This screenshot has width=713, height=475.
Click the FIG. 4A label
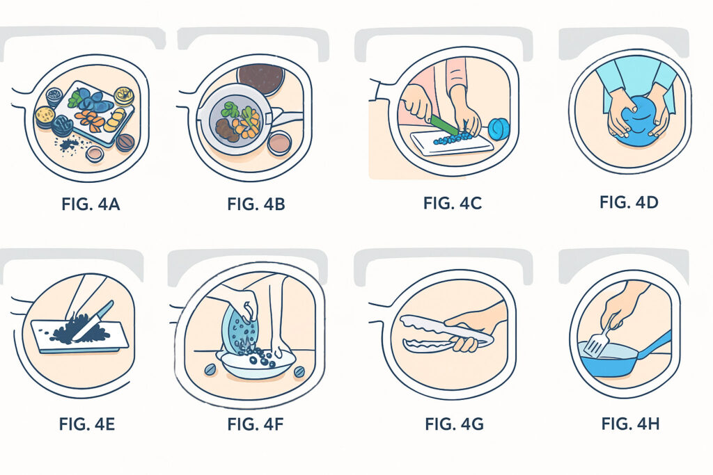coord(91,204)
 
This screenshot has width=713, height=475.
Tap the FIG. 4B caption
coord(256,204)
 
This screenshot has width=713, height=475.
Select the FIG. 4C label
coord(453,203)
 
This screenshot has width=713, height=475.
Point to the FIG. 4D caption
coord(629,202)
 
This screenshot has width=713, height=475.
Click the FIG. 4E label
coord(87,424)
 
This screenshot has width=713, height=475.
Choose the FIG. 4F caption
coord(255,424)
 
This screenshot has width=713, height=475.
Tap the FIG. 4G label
coord(454,424)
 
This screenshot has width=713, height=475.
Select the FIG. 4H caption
coord(630,424)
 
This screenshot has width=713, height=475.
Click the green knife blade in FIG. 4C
coord(444,125)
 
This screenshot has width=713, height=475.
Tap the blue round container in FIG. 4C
coord(499,129)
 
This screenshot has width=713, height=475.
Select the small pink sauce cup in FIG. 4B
coord(279,143)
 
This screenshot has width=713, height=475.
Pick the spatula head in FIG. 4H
coord(594,347)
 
